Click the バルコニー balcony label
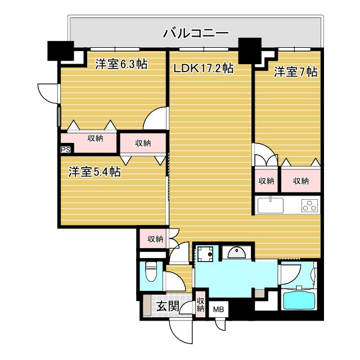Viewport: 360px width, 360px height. click(196, 33)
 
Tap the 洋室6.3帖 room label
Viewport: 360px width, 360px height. click(121, 64)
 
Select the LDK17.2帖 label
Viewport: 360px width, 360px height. click(203, 69)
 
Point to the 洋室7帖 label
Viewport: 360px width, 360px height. click(296, 72)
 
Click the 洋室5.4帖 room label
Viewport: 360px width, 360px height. click(95, 172)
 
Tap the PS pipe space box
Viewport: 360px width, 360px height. click(65, 150)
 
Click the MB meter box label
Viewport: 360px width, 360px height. click(217, 309)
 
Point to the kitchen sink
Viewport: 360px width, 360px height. click(273, 205)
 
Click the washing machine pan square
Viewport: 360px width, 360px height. click(204, 254)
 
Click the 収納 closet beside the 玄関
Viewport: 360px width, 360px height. click(201, 304)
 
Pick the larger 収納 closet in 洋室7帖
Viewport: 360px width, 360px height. click(300, 181)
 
